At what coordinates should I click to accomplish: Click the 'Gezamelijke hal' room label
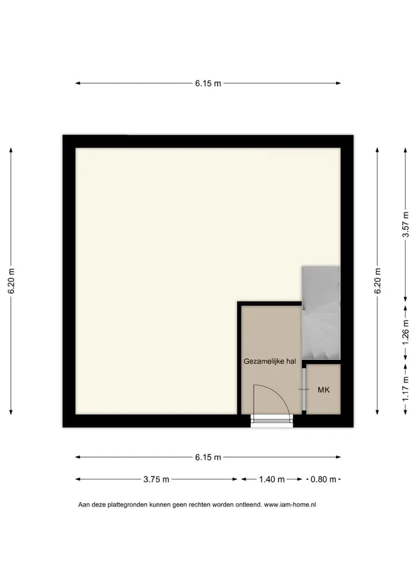[x=270, y=362]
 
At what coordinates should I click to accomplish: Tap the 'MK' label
[x=324, y=390]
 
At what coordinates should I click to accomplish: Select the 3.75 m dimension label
[x=156, y=479]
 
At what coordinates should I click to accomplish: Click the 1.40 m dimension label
[x=272, y=479]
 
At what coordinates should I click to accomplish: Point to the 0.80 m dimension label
[x=324, y=479]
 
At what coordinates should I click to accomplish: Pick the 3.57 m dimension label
[x=406, y=225]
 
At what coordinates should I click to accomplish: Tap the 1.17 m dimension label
[x=406, y=388]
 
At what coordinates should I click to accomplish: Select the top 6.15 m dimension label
[x=208, y=84]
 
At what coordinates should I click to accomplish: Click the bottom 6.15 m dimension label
[x=208, y=457]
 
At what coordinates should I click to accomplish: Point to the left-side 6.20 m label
[x=11, y=281]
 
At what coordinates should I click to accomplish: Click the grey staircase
[x=321, y=312]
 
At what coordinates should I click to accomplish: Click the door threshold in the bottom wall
[x=272, y=421]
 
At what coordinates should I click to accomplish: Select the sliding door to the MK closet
[x=304, y=390]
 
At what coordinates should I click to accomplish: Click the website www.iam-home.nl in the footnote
[x=290, y=505]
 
